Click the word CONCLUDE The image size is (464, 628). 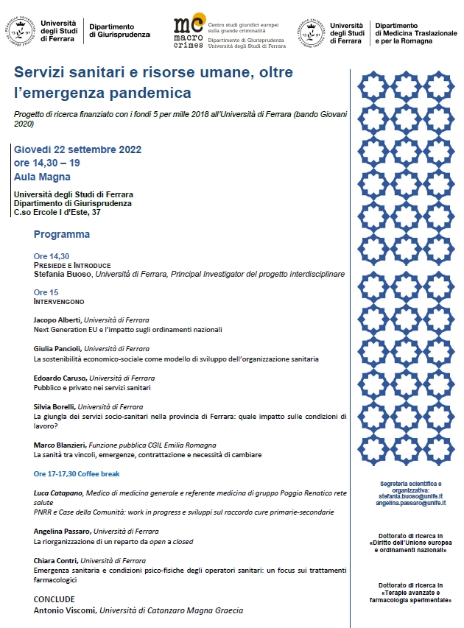(54, 599)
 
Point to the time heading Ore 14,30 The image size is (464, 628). (52, 255)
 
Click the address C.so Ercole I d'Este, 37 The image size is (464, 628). (57, 212)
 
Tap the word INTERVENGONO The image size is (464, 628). (59, 302)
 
